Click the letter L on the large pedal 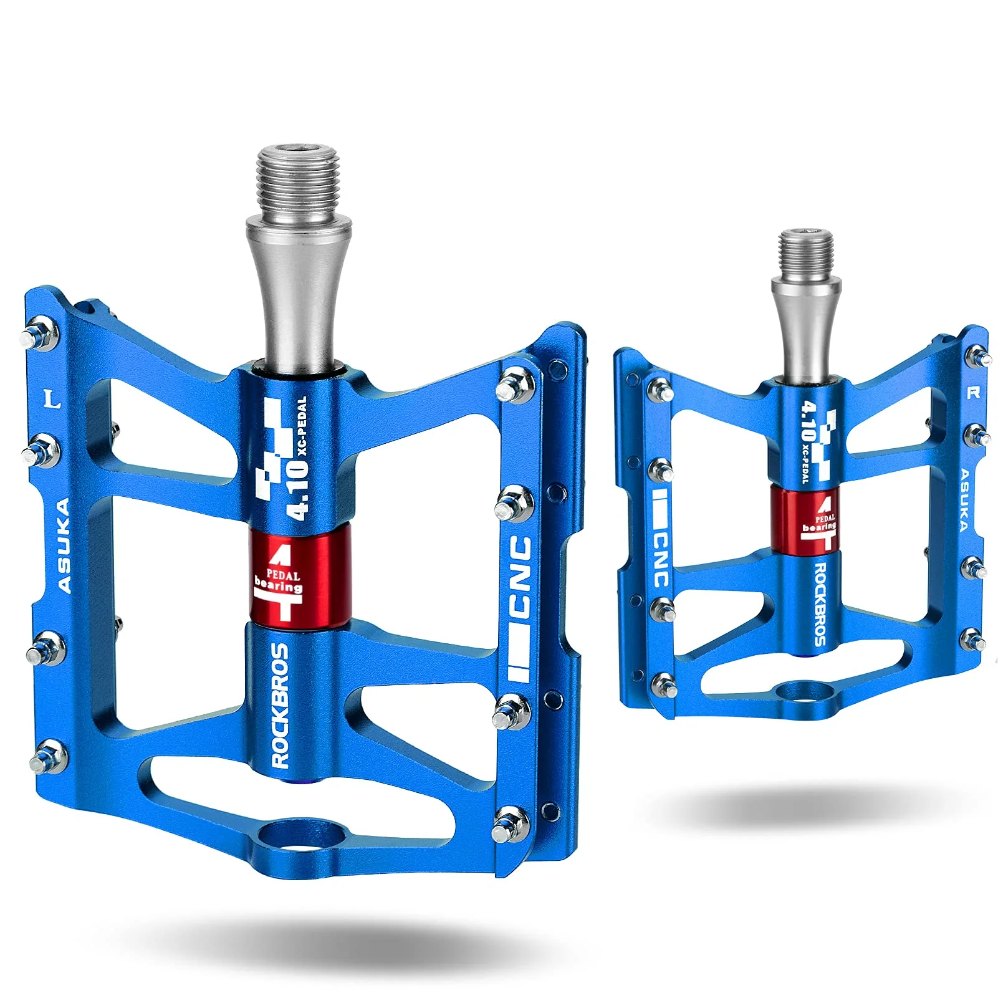click(54, 399)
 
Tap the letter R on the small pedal click(973, 393)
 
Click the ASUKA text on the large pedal click(63, 545)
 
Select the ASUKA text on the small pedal click(964, 500)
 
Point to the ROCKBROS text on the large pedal click(281, 705)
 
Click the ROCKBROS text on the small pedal click(820, 604)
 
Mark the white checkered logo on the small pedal click(825, 445)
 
